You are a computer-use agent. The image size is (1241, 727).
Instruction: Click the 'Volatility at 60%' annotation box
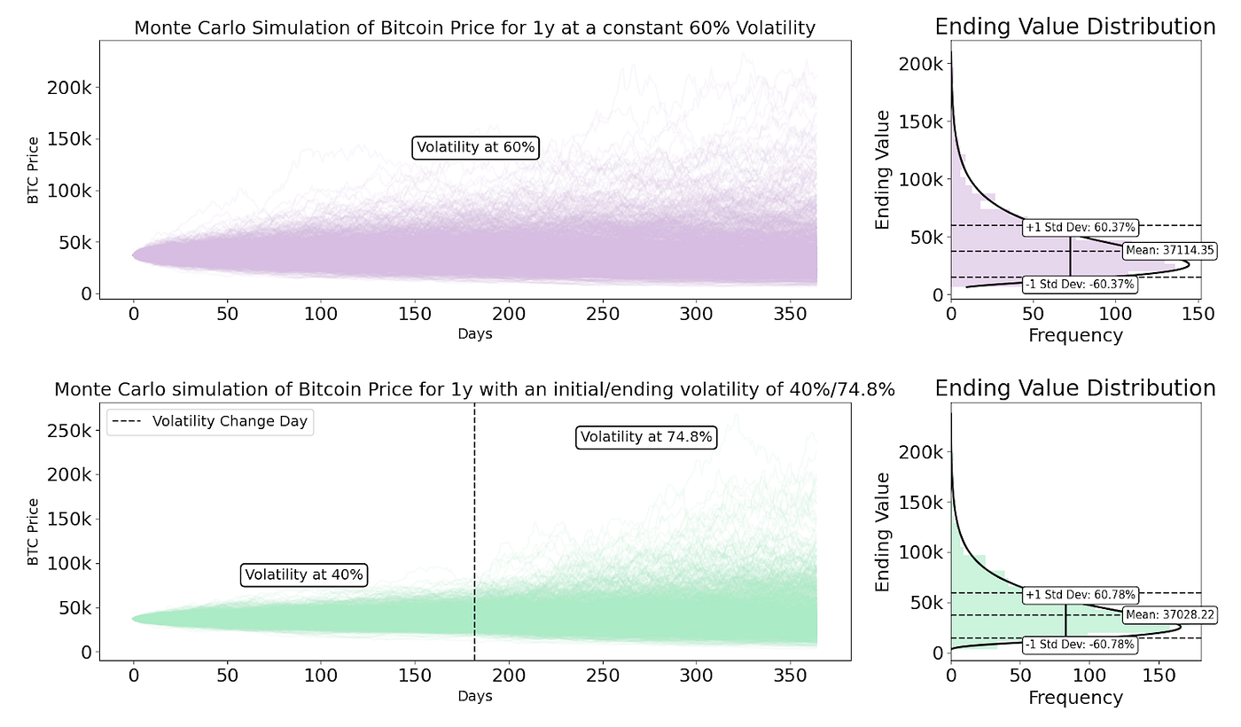tap(476, 147)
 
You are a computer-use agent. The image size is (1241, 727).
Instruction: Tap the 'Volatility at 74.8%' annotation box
tap(646, 437)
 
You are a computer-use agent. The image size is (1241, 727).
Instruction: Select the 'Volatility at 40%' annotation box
tap(304, 575)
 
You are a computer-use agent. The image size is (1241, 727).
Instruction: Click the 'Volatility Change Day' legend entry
tap(210, 421)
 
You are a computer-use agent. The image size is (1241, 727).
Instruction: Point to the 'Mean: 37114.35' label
tap(1169, 251)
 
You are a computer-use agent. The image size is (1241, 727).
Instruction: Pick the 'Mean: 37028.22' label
tap(1169, 615)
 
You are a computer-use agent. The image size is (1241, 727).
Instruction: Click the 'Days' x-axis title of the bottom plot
tap(474, 696)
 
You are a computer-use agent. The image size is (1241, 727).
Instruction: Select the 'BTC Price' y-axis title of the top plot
tap(34, 170)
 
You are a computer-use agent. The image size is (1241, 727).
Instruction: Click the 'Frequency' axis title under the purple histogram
tap(1075, 335)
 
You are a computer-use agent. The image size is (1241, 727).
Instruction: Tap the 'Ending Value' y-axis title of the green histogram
tap(883, 532)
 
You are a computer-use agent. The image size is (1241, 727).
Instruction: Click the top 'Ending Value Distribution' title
tap(1075, 27)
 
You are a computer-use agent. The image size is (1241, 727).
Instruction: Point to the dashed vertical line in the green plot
tap(474, 532)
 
